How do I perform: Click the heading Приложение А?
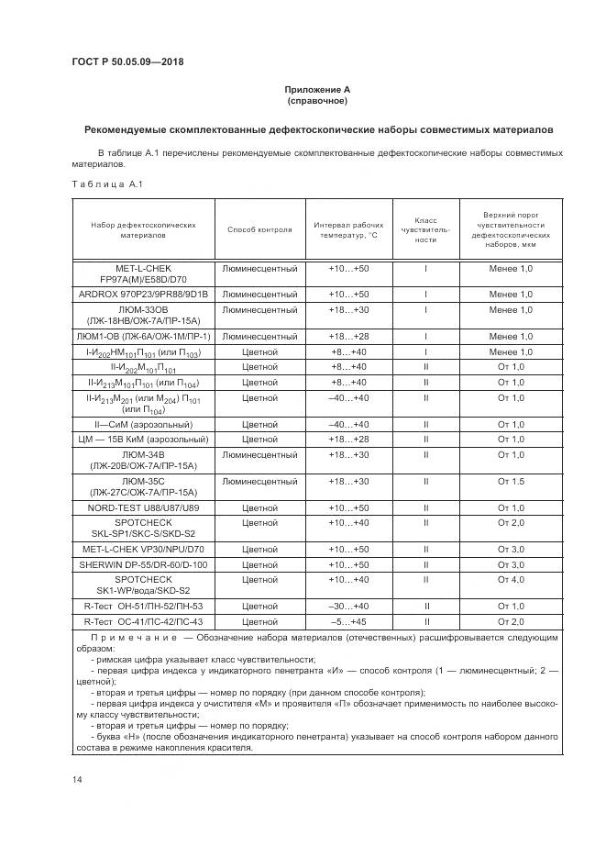pos(317,89)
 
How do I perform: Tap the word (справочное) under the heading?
pos(317,101)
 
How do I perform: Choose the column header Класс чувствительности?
pos(425,229)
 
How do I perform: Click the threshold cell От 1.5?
pos(511,481)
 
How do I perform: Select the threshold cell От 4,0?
pos(511,579)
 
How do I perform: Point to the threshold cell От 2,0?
pos(511,522)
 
